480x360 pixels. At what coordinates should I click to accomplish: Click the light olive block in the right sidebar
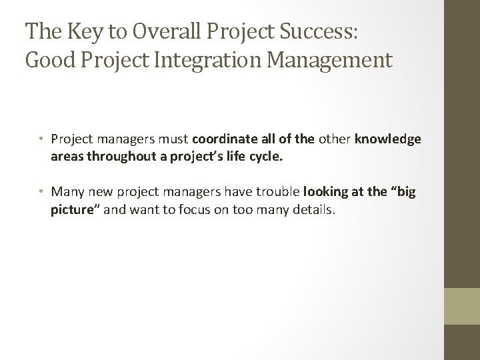point(462,305)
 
